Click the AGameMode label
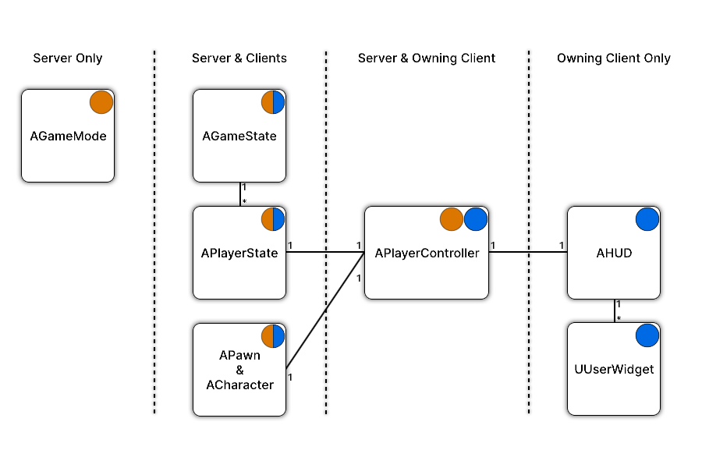point(68,136)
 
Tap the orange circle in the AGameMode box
point(101,102)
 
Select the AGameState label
point(239,136)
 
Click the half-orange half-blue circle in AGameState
point(273,102)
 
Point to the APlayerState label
point(239,253)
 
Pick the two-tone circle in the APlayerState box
point(273,219)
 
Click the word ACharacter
point(239,385)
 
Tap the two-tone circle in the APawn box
point(273,336)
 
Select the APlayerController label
point(427,253)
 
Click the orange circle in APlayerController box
point(452,219)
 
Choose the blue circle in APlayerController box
point(476,219)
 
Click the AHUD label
point(614,253)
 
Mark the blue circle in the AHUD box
point(647,219)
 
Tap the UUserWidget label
point(614,370)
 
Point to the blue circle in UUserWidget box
point(647,335)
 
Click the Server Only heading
point(68,58)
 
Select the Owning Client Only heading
point(613,58)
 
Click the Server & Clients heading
point(239,58)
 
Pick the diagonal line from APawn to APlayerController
point(325,310)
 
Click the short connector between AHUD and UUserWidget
point(615,310)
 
